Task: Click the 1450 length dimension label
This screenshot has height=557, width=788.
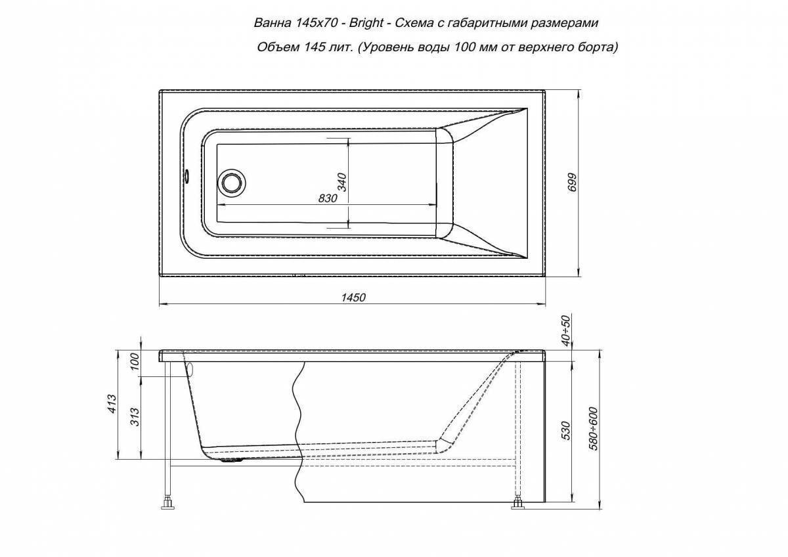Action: coord(353,298)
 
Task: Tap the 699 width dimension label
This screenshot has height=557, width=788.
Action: coord(572,182)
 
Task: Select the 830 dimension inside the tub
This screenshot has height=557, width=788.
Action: coord(328,198)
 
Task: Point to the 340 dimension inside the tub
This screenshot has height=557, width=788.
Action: coord(342,182)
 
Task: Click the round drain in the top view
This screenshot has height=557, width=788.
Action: coord(231,182)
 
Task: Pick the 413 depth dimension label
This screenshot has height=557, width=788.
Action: coord(112,404)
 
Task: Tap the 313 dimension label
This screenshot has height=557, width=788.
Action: coord(135,417)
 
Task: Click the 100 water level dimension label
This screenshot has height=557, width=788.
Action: coord(135,362)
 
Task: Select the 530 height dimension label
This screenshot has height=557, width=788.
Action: coord(566,431)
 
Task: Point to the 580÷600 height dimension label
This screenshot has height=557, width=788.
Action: coord(593,428)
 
